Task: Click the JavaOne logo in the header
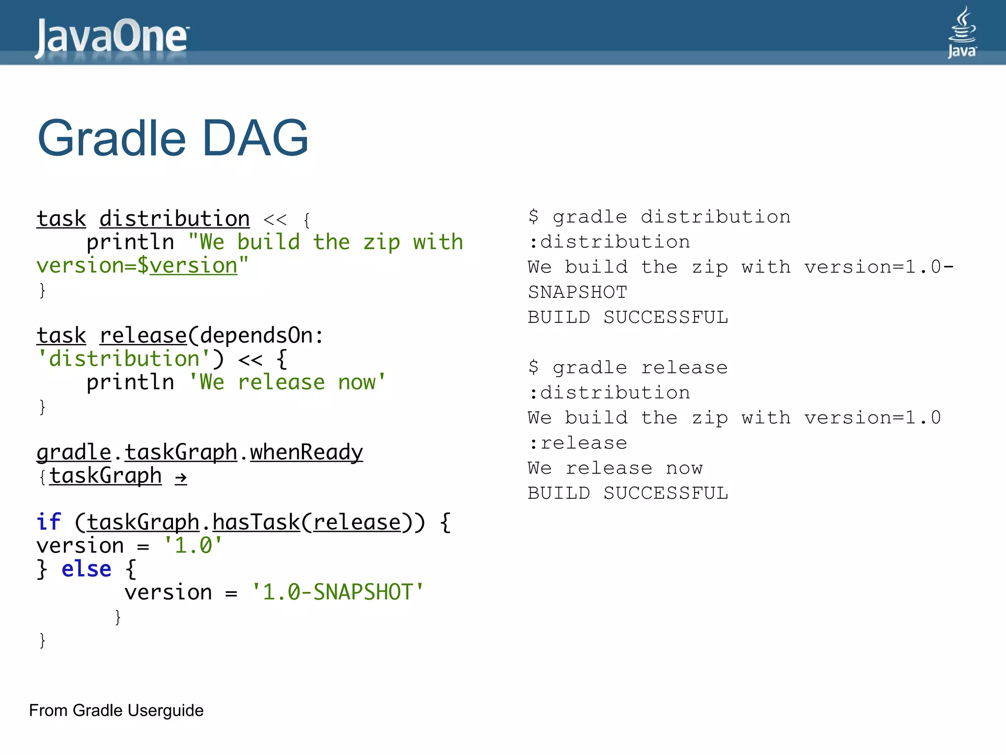tap(112, 36)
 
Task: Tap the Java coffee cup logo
tap(962, 32)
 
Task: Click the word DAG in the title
tap(255, 139)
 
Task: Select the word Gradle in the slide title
tap(112, 139)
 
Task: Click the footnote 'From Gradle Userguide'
tap(116, 710)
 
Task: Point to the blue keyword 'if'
tap(49, 522)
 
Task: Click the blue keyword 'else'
tap(86, 569)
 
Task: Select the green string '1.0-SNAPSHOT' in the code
tap(337, 592)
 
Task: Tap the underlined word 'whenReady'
tap(307, 452)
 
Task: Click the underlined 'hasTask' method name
tap(256, 522)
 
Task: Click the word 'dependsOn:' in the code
tap(262, 336)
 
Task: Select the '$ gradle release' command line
tap(628, 368)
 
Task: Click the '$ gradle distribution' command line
tap(659, 217)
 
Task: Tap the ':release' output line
tap(578, 443)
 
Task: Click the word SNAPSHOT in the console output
tap(578, 292)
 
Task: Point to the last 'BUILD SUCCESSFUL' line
tap(628, 494)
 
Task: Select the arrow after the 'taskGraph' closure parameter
tap(181, 477)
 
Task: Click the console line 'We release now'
tap(615, 468)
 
